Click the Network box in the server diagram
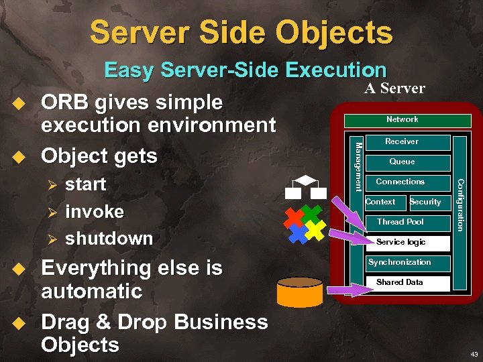click(402, 120)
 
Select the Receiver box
click(401, 141)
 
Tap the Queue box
click(402, 162)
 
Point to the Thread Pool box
click(400, 222)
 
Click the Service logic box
click(400, 242)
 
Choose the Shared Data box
click(400, 282)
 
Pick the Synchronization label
click(400, 262)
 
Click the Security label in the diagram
click(425, 202)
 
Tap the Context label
click(380, 202)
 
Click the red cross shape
click(293, 217)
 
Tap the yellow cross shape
click(315, 231)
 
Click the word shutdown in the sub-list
click(109, 239)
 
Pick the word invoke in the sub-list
click(95, 212)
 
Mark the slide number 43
click(474, 353)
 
